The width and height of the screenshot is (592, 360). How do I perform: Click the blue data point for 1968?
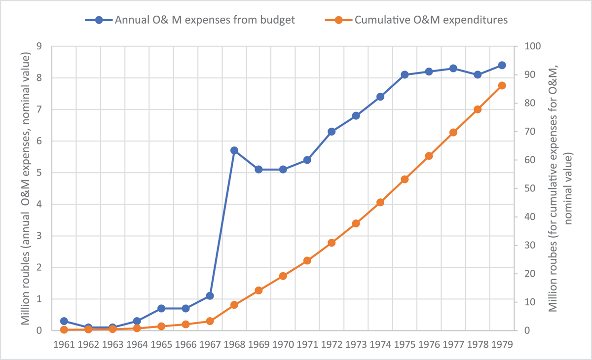click(x=234, y=150)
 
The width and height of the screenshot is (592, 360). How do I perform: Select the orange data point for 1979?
click(x=502, y=86)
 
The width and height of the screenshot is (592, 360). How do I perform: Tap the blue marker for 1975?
click(x=405, y=75)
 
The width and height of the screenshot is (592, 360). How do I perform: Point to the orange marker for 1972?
click(x=332, y=243)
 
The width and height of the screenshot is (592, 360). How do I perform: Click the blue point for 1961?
click(x=64, y=321)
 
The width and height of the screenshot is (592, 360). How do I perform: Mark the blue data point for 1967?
click(x=210, y=296)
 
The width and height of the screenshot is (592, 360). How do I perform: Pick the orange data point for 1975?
click(x=405, y=180)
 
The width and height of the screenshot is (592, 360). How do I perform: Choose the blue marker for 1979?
click(x=502, y=65)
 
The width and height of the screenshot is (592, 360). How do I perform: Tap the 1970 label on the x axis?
click(x=283, y=344)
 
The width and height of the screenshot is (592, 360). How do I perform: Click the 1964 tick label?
click(x=137, y=344)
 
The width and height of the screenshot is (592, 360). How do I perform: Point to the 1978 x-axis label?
click(x=478, y=344)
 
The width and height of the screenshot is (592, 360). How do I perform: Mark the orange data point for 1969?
click(x=259, y=290)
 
